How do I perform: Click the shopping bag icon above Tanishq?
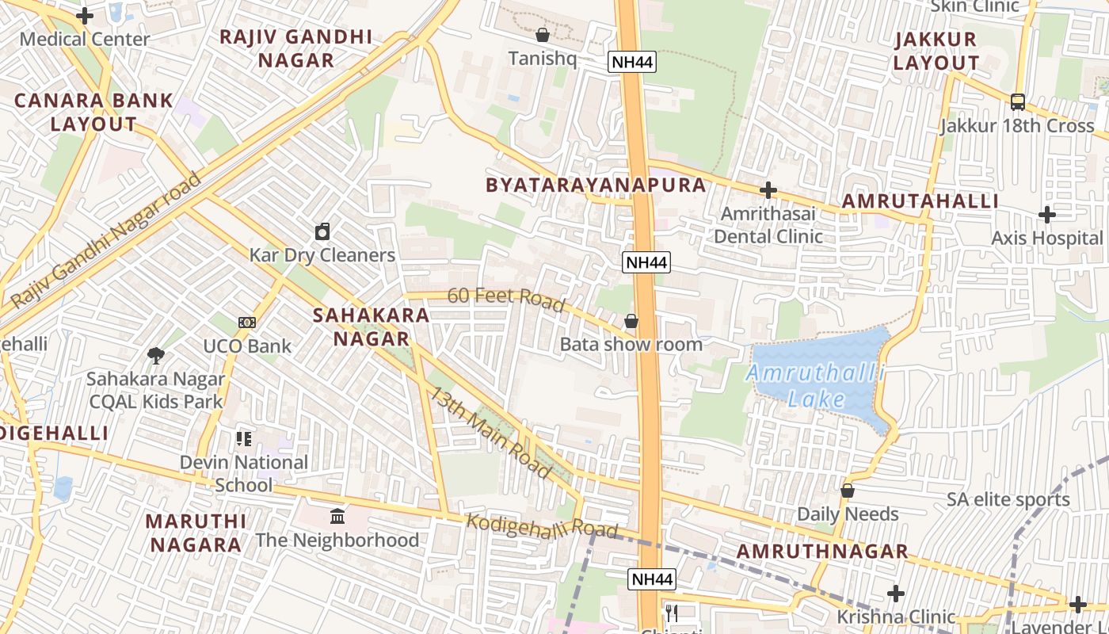pyautogui.click(x=543, y=35)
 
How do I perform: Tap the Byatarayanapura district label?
pyautogui.click(x=596, y=185)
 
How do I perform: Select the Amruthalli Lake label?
pyautogui.click(x=817, y=386)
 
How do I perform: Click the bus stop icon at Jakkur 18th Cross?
pyautogui.click(x=1018, y=101)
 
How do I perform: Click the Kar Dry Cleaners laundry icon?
pyautogui.click(x=322, y=231)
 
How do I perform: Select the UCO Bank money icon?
pyautogui.click(x=247, y=323)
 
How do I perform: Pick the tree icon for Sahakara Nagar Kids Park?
pyautogui.click(x=156, y=356)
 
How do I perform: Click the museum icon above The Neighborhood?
pyautogui.click(x=337, y=517)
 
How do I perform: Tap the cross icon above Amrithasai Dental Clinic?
pyautogui.click(x=768, y=190)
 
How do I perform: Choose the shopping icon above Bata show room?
pyautogui.click(x=631, y=321)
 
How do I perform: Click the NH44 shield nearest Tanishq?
pyautogui.click(x=632, y=62)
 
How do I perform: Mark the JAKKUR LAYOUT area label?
pyautogui.click(x=936, y=51)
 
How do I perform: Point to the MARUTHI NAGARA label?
pyautogui.click(x=196, y=533)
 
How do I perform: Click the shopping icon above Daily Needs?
pyautogui.click(x=848, y=491)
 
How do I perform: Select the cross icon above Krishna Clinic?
pyautogui.click(x=896, y=594)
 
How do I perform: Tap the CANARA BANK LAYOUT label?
pyautogui.click(x=93, y=112)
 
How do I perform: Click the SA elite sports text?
pyautogui.click(x=1008, y=500)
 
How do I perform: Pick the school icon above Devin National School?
pyautogui.click(x=244, y=438)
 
